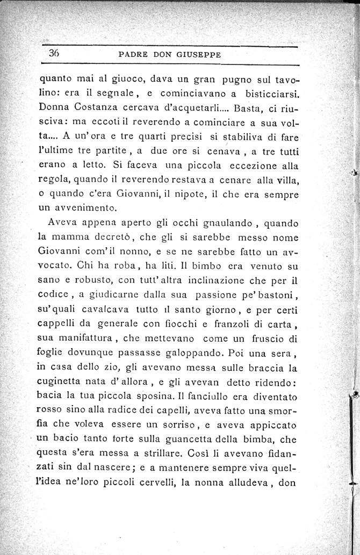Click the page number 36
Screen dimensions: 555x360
click(x=53, y=53)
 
